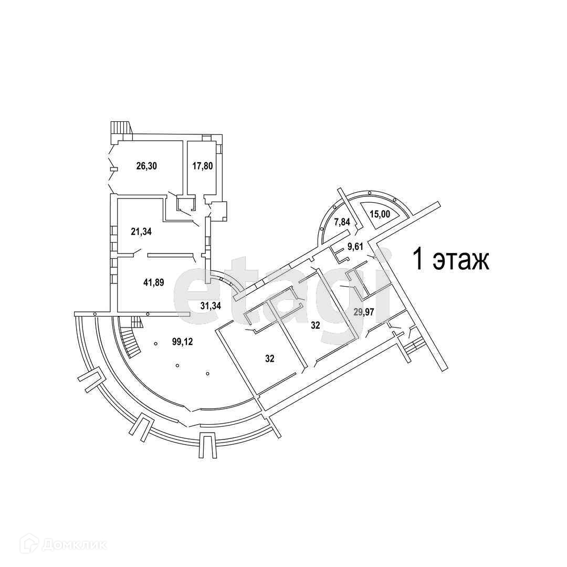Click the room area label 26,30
point(147,166)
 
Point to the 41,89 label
point(154,282)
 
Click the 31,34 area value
point(211,305)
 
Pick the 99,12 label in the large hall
point(183,342)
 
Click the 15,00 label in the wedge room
point(381,214)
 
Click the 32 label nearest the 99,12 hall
point(269,359)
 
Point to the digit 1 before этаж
point(418,260)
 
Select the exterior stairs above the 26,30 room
point(120,129)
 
